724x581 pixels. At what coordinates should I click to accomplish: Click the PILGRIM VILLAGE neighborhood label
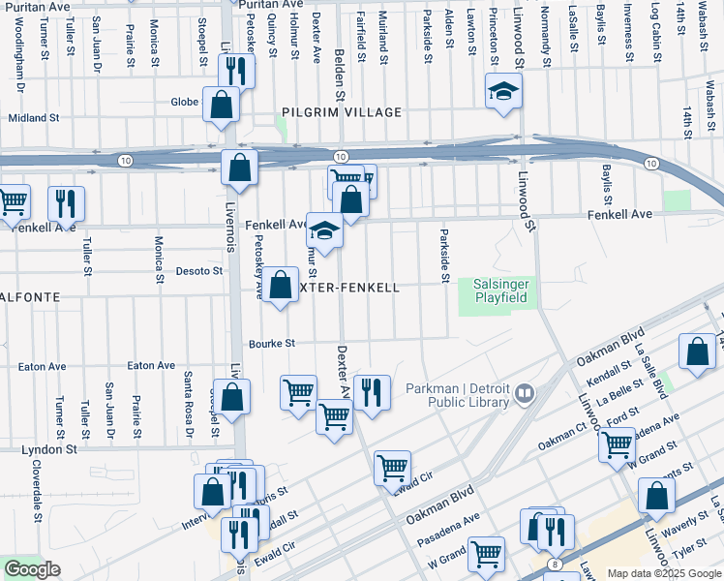342,112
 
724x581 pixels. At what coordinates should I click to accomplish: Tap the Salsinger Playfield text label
500,290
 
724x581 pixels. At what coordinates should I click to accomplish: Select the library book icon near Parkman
524,394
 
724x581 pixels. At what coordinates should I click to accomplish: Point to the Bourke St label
271,343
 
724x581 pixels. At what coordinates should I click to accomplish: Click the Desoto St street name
199,271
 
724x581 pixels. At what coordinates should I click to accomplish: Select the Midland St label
34,118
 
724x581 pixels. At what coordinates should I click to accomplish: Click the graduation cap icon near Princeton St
503,91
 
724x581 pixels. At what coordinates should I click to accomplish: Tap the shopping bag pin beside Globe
221,103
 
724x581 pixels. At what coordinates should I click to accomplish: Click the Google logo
32,569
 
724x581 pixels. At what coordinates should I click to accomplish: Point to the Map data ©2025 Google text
663,573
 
